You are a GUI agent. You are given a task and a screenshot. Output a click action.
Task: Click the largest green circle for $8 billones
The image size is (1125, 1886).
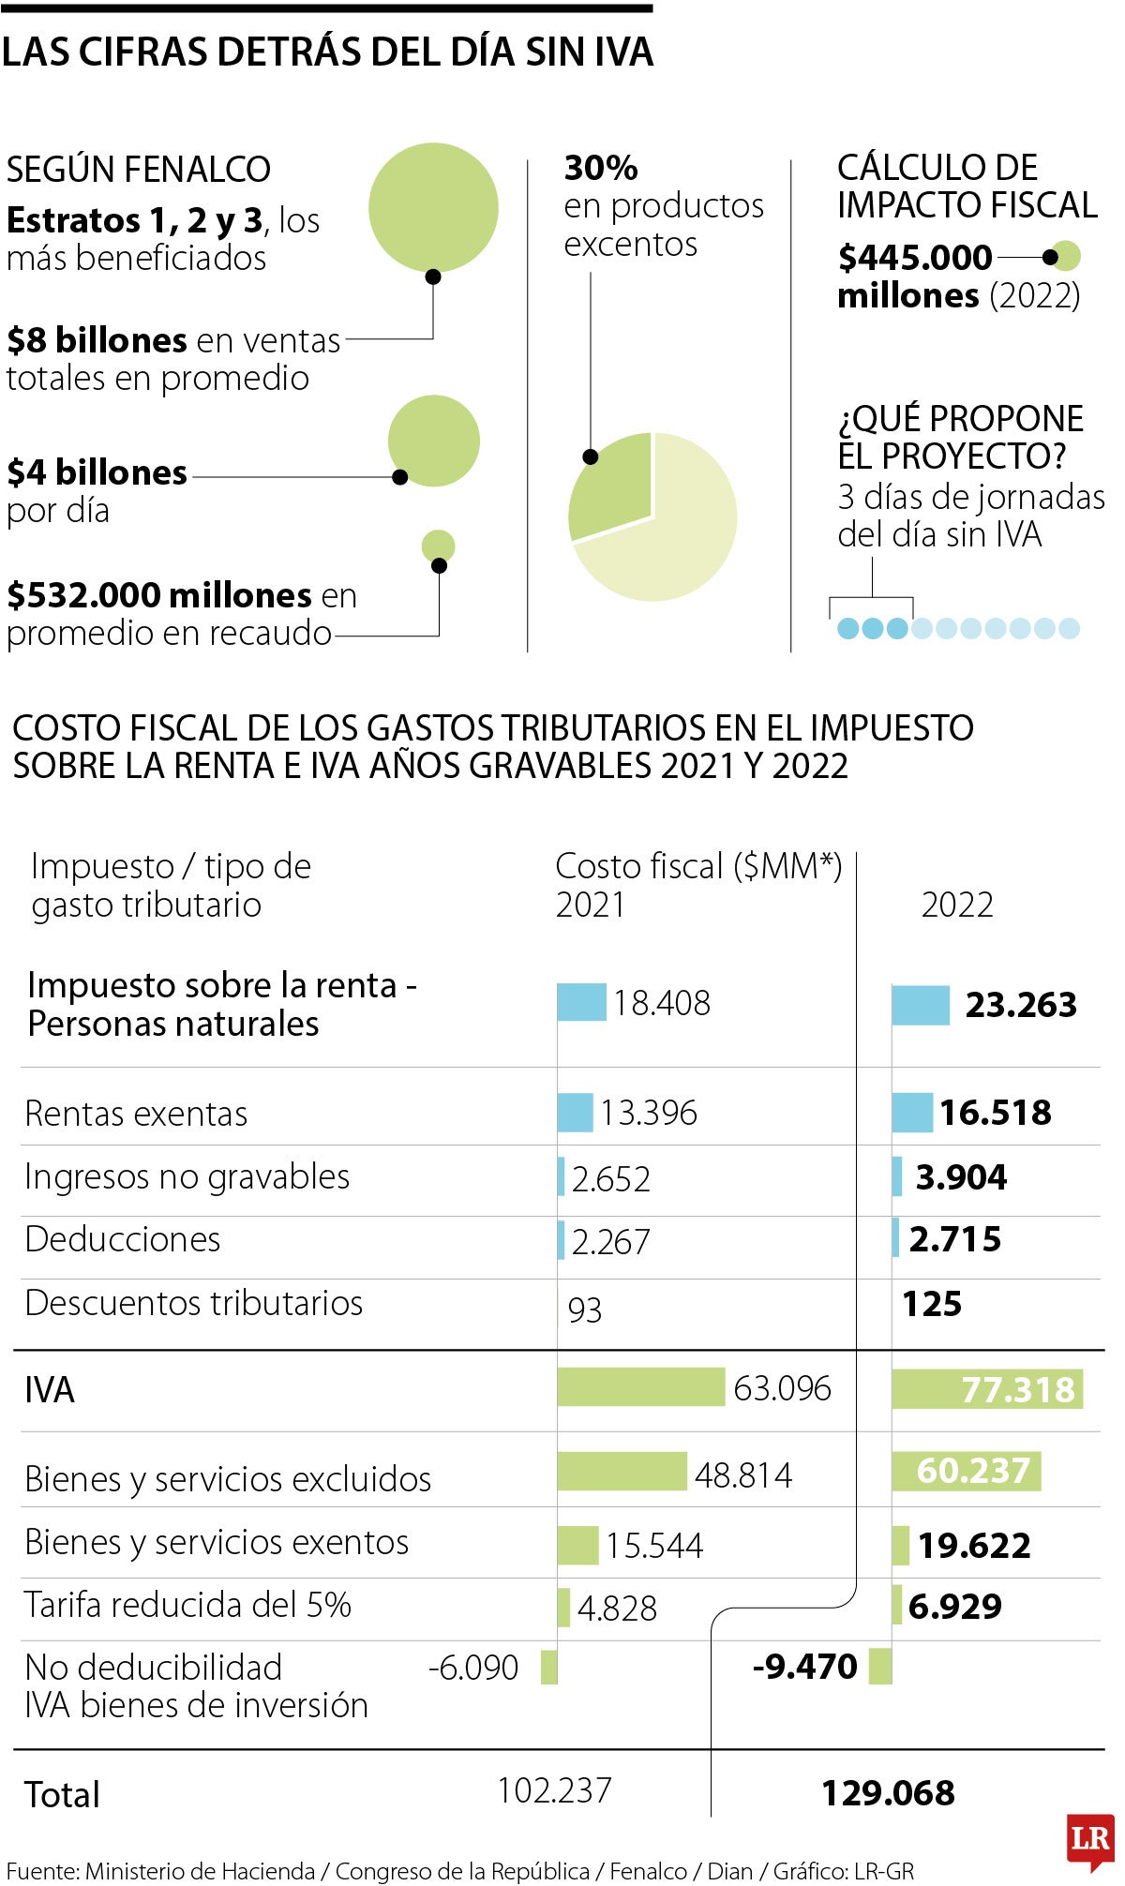coord(433,207)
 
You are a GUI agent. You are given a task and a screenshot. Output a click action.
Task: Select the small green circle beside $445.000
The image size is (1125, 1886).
coord(1065,256)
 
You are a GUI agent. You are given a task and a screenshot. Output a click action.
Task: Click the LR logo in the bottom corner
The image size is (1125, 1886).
coord(1090,1839)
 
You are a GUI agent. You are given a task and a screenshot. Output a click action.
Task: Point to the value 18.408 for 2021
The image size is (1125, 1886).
coord(662,1003)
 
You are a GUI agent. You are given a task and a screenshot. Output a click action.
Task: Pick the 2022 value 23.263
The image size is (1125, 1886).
coord(1021,1005)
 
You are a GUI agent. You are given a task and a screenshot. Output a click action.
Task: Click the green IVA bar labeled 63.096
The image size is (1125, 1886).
coord(640,1387)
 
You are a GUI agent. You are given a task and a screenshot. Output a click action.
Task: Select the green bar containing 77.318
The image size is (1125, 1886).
coord(986,1389)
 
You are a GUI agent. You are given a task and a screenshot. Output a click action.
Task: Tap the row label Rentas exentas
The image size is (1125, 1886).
coord(136,1114)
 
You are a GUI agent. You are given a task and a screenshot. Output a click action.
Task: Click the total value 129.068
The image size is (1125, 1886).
coord(888,1793)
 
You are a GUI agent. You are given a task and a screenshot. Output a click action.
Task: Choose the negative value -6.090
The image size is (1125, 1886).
coord(473,1668)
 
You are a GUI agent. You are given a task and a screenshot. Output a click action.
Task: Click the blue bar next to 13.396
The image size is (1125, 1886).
coord(575,1113)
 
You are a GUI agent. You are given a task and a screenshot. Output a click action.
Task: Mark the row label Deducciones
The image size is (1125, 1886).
coord(123,1239)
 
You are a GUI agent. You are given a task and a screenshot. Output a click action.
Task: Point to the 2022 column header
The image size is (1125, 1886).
coord(957,905)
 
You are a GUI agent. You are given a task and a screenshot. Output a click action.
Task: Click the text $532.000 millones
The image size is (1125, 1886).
coord(159,595)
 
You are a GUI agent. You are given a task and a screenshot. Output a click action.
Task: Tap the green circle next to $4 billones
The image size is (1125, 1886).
coord(434,441)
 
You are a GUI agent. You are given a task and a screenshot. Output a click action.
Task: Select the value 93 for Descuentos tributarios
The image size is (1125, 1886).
coord(585,1310)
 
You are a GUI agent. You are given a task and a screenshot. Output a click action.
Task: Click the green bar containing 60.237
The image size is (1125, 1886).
coord(966,1471)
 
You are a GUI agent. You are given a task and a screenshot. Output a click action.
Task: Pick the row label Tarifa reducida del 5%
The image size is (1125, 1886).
coord(187,1605)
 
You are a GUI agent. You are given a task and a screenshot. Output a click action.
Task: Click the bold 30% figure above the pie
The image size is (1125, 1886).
coord(601,168)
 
